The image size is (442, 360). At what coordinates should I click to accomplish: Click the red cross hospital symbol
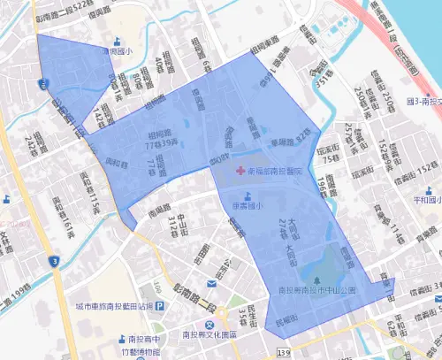(240, 169)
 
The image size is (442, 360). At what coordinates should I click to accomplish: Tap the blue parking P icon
(161, 305)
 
